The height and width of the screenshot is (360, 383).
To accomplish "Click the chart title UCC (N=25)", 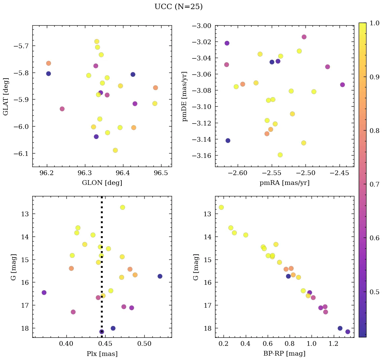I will [x=178, y=7].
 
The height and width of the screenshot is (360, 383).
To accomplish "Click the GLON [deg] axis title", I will [x=102, y=183].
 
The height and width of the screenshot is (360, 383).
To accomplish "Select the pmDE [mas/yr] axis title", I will [x=184, y=96].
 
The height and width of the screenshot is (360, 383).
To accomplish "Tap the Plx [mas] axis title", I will [x=102, y=354].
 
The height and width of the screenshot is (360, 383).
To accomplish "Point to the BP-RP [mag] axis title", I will [x=284, y=354].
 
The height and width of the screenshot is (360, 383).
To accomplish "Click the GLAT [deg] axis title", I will [x=6, y=96].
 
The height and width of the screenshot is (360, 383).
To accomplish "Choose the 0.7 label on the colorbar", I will [x=375, y=184].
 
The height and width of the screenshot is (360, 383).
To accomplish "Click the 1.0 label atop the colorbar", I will [x=375, y=23].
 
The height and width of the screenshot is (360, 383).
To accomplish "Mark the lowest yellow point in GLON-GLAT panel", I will [x=115, y=150].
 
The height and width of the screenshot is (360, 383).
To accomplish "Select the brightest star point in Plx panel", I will [x=122, y=207].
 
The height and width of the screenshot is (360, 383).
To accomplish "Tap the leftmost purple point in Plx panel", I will [x=44, y=293].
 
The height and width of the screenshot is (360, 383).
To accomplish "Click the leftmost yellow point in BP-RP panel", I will [x=221, y=207].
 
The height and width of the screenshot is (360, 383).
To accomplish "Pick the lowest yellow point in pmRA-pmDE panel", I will [x=280, y=155].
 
